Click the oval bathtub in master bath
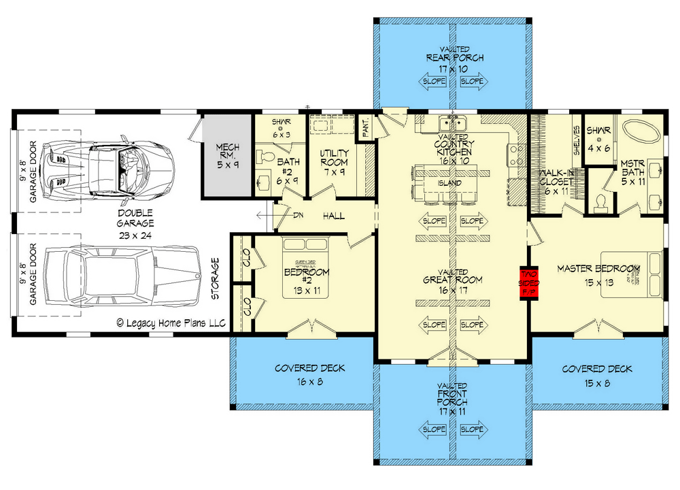pos(642,130)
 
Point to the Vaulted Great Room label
pos(452,280)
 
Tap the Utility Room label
pos(334,162)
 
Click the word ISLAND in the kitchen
pos(452,183)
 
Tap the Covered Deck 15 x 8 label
pos(596,374)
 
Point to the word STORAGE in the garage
pos(216,279)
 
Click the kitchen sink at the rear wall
pos(452,124)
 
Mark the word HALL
pos(333,216)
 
